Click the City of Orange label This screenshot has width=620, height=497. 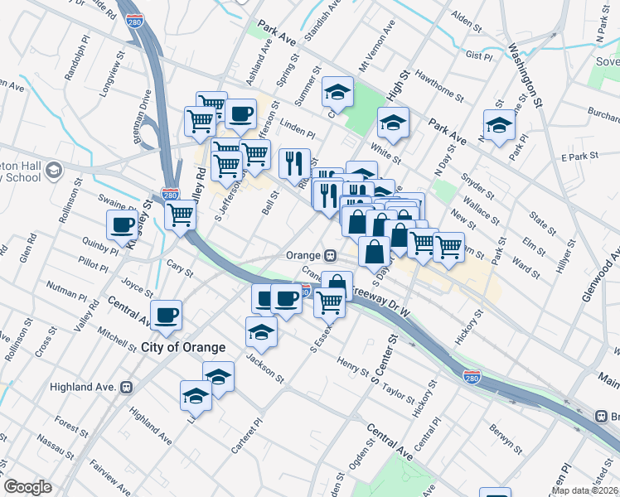[x=184, y=346]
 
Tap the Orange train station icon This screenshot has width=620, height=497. [x=330, y=255]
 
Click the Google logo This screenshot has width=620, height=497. [x=27, y=487]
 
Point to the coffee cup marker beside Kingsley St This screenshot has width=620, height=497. [x=123, y=226]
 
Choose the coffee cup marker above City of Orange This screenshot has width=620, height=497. [x=166, y=316]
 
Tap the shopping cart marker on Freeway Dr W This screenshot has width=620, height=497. [x=329, y=305]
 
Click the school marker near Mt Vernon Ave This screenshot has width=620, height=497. [x=338, y=93]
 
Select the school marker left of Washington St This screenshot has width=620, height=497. [x=499, y=126]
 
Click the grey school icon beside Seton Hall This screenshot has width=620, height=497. [x=54, y=171]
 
